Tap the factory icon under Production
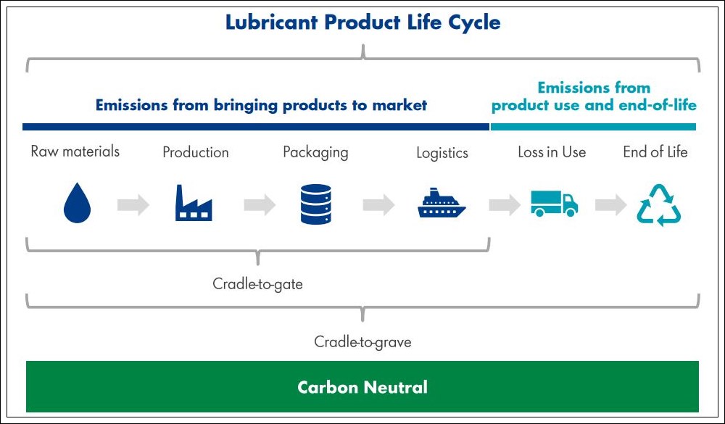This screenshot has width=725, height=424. point(194,203)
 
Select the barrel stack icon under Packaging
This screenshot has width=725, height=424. point(316,204)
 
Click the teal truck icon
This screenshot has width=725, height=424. point(555,204)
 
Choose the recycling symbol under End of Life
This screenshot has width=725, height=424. point(659,205)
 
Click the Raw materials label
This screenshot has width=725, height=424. point(75,151)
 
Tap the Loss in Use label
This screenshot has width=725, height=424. point(552,152)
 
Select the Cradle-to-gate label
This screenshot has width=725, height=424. point(257,283)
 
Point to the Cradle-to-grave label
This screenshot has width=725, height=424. point(362,341)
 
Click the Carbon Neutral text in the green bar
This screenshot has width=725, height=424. point(362,387)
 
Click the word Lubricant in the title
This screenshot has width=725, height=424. point(271,22)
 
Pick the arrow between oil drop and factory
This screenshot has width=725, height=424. point(133,204)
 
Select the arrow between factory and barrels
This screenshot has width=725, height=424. point(260,204)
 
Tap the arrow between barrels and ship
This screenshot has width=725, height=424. point(378,204)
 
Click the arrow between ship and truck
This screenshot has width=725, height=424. point(505,204)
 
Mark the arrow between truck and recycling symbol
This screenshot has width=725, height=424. point(610,204)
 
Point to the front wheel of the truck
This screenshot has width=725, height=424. point(571,212)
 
